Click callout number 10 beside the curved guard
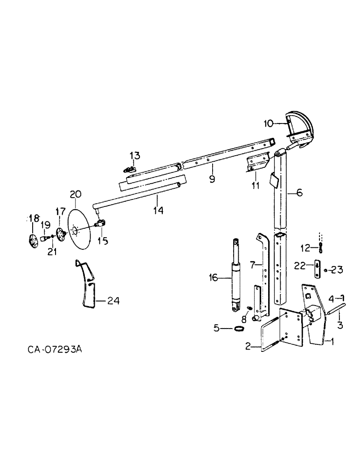point(268,123)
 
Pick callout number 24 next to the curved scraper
point(113,301)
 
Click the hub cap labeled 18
point(32,241)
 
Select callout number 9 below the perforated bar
point(212,179)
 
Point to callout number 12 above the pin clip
point(305,247)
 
